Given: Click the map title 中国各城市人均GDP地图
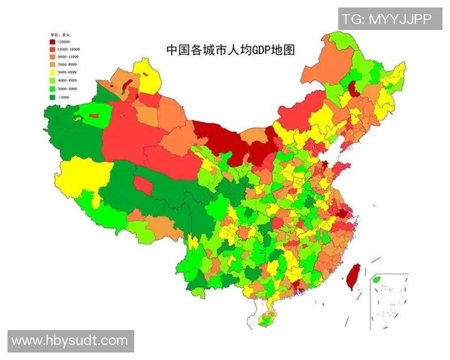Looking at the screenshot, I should click(230, 50).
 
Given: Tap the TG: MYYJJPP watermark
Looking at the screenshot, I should click(388, 19).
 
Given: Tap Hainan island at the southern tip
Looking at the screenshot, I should click(265, 321).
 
